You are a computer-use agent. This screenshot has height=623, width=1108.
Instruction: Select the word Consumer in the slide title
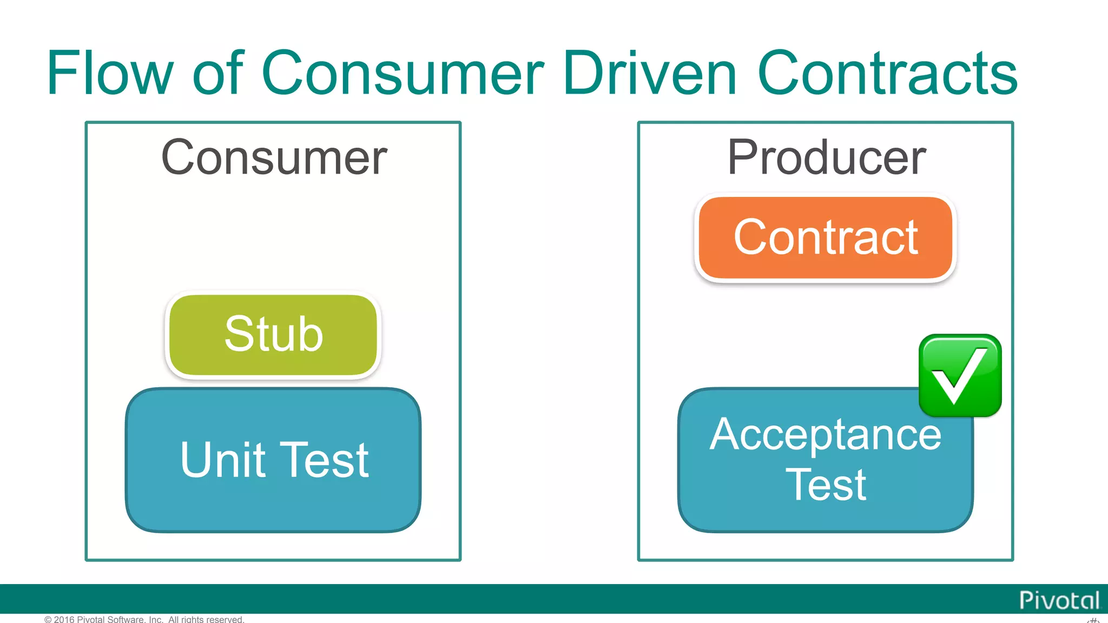(x=403, y=73)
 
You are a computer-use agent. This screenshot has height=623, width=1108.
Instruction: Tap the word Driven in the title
(x=649, y=73)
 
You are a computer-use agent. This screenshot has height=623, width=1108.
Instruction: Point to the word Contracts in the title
(x=887, y=73)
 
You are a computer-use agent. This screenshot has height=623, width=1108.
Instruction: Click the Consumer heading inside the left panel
(x=274, y=157)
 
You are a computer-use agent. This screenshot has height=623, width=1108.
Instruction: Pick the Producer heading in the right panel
(x=826, y=157)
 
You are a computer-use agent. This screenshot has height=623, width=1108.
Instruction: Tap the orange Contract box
(x=825, y=238)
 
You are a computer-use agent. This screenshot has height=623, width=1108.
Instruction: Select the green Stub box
(x=273, y=334)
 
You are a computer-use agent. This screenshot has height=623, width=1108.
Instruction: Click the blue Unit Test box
(x=273, y=460)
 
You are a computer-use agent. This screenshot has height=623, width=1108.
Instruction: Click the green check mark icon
(x=960, y=375)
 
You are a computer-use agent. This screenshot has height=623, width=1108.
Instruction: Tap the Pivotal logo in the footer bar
(x=1059, y=600)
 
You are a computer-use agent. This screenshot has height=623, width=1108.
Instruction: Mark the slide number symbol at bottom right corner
(x=1093, y=620)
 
